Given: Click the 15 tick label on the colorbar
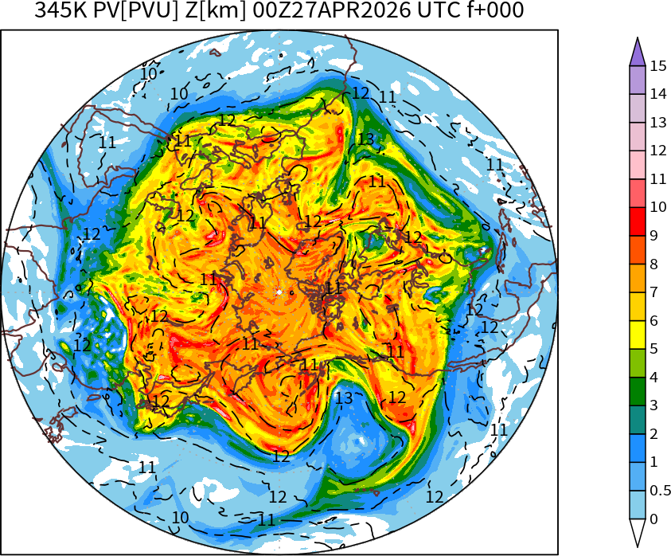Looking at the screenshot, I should [x=657, y=65].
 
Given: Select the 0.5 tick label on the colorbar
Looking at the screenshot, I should [x=661, y=491].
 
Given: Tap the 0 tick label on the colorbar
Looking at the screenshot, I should [x=653, y=519].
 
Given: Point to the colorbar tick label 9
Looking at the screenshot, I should [x=653, y=236].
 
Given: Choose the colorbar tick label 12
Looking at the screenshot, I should [x=657, y=151].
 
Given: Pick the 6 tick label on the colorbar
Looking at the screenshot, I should [x=653, y=321].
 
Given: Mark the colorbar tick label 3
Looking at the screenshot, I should [x=653, y=406].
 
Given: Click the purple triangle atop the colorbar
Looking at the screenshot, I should [x=637, y=53].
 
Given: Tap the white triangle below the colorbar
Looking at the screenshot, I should [x=637, y=532].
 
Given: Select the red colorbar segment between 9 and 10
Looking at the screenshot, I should [x=637, y=221].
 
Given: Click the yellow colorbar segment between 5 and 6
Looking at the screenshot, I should [x=637, y=335].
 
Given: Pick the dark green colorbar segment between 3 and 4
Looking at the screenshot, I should [x=637, y=392].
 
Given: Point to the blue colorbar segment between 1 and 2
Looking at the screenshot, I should [x=637, y=448].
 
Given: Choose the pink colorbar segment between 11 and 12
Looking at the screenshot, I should [x=637, y=165].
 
